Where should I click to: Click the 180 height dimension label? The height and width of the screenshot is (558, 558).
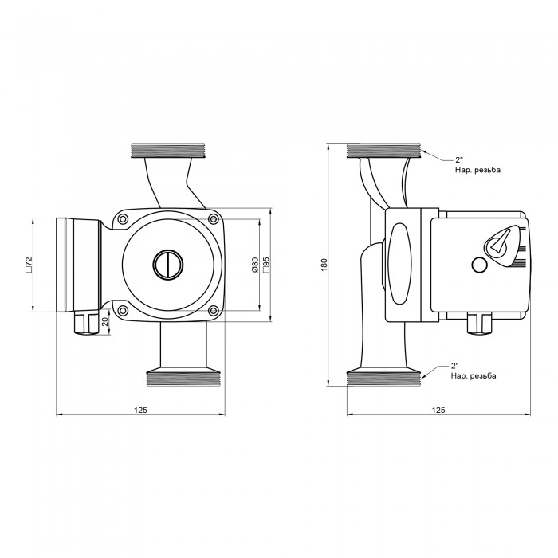(324, 265)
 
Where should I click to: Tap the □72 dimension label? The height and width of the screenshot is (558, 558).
(29, 265)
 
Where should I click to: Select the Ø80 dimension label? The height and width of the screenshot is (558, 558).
(255, 265)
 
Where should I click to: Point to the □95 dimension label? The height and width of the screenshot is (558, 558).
(266, 265)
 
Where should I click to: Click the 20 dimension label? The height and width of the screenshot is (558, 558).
(105, 322)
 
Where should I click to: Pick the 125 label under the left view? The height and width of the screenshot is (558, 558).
(140, 410)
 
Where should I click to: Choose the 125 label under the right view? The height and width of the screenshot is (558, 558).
(438, 410)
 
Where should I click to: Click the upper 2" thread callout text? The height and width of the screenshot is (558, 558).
(477, 165)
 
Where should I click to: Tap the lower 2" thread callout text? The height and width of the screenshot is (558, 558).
(474, 371)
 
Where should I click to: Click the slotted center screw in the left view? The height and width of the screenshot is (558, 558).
(168, 265)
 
